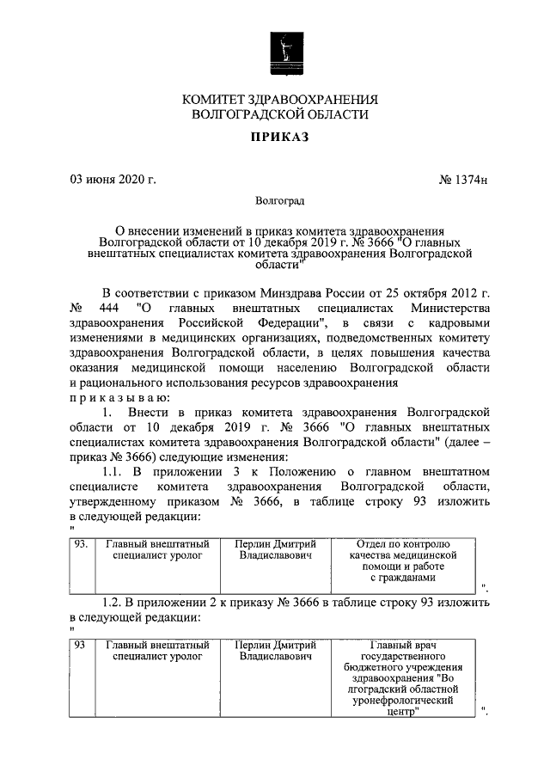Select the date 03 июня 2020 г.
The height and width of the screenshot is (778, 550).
(113, 179)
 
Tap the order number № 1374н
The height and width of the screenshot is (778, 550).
(463, 180)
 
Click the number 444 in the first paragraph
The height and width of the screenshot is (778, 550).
(105, 307)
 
